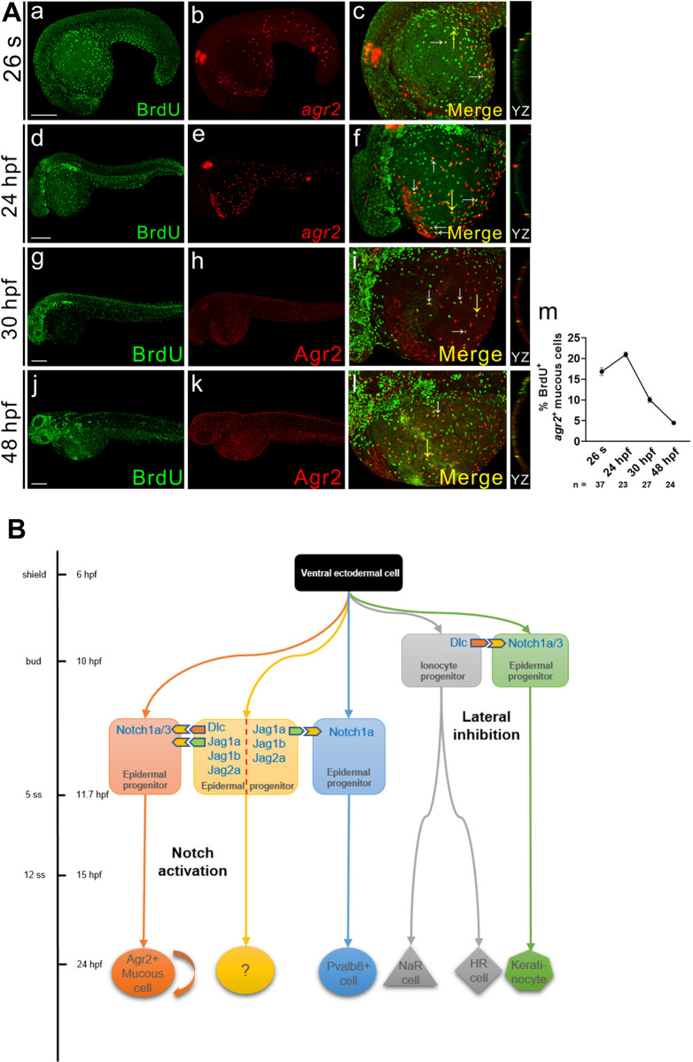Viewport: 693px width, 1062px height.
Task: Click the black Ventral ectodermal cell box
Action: (x=349, y=573)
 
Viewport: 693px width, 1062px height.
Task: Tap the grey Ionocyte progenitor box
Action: (x=441, y=661)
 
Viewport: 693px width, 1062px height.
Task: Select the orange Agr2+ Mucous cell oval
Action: (x=143, y=973)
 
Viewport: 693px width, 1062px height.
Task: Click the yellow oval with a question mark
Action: (x=245, y=971)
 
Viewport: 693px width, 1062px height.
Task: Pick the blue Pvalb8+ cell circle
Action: (x=348, y=972)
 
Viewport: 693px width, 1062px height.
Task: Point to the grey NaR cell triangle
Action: (x=410, y=967)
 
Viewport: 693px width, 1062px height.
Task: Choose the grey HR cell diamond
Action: (x=479, y=970)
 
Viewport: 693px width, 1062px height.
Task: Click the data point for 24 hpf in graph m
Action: (x=626, y=354)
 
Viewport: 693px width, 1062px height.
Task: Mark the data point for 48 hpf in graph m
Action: (x=673, y=422)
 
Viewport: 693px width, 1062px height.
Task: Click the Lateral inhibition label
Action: (x=487, y=725)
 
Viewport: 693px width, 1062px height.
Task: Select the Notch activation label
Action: (x=192, y=862)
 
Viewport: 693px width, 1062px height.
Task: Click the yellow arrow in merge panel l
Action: (x=427, y=447)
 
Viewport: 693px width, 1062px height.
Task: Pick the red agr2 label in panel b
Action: (x=321, y=109)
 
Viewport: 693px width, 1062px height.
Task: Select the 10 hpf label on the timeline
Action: (x=89, y=661)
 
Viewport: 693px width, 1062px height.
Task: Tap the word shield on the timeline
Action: (x=34, y=574)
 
